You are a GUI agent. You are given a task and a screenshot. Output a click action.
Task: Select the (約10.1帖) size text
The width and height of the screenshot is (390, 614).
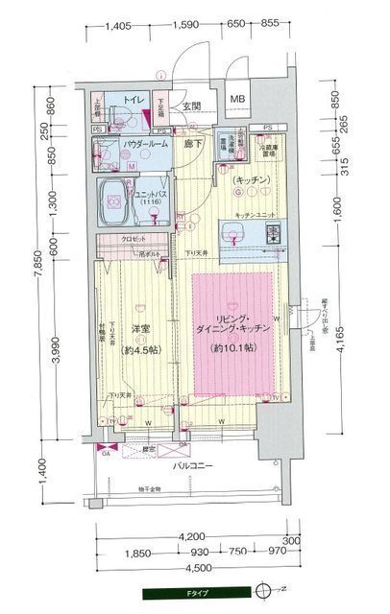[235, 347]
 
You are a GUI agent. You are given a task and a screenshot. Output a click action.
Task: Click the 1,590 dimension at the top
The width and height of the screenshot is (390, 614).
[186, 26]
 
